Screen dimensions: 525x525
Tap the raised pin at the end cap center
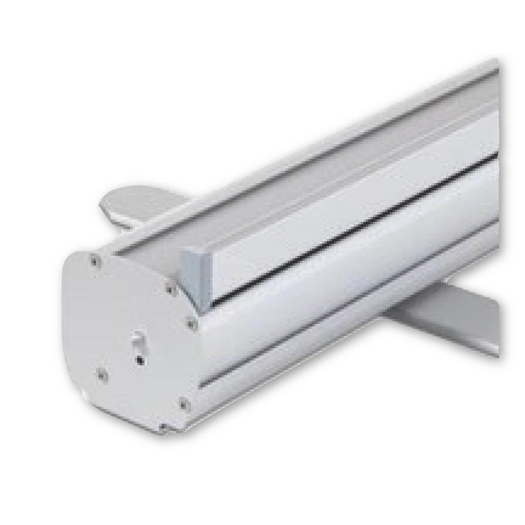point(137,340)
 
